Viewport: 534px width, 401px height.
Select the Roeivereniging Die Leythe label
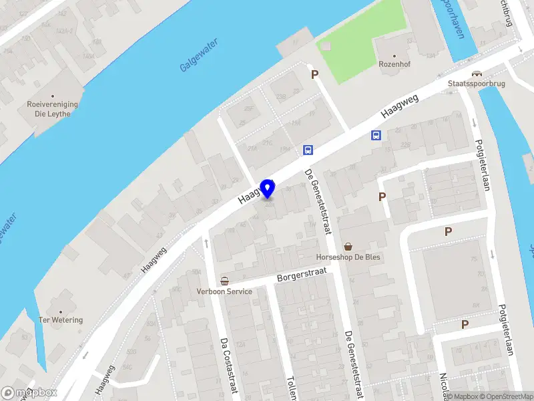click(53, 109)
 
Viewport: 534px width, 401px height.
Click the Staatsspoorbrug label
click(476, 85)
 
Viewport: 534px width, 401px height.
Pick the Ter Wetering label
click(61, 320)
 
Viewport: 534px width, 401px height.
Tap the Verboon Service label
click(224, 291)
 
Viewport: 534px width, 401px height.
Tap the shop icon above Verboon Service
click(224, 281)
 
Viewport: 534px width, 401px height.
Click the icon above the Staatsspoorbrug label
click(476, 74)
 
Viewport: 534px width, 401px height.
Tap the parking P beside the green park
click(314, 75)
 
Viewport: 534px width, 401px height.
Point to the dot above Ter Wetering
click(61, 311)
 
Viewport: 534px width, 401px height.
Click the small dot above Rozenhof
click(394, 57)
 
